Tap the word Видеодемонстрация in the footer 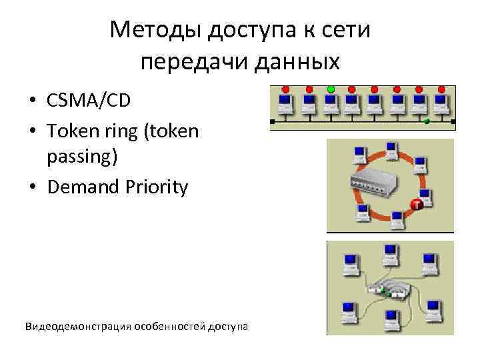[77, 326]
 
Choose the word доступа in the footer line [228, 326]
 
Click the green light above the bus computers [330, 89]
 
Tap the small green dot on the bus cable [427, 121]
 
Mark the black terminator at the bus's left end [271, 122]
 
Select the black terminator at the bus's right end [453, 122]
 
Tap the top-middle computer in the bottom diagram [389, 253]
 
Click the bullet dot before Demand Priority [32, 188]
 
